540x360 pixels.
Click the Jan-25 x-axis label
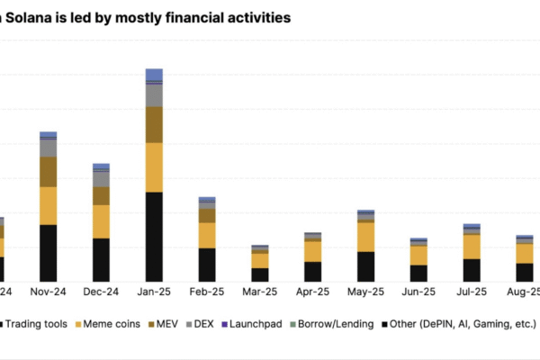coord(154,292)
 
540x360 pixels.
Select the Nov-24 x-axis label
coord(49,292)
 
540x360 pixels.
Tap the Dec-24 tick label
coord(101,292)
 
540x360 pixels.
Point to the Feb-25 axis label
coord(207,292)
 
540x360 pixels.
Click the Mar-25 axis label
coord(259,292)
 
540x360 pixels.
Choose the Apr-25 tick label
coord(312,292)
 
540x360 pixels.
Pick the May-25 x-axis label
coord(365,292)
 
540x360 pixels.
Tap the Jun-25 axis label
coord(418,292)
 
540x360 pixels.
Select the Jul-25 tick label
coord(472,292)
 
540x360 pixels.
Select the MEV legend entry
coord(167,323)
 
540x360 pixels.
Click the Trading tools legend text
coord(40,323)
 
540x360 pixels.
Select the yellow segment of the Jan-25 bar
coord(154,167)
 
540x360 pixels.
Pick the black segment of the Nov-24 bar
coord(49,253)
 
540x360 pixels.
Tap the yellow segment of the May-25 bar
coord(365,237)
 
